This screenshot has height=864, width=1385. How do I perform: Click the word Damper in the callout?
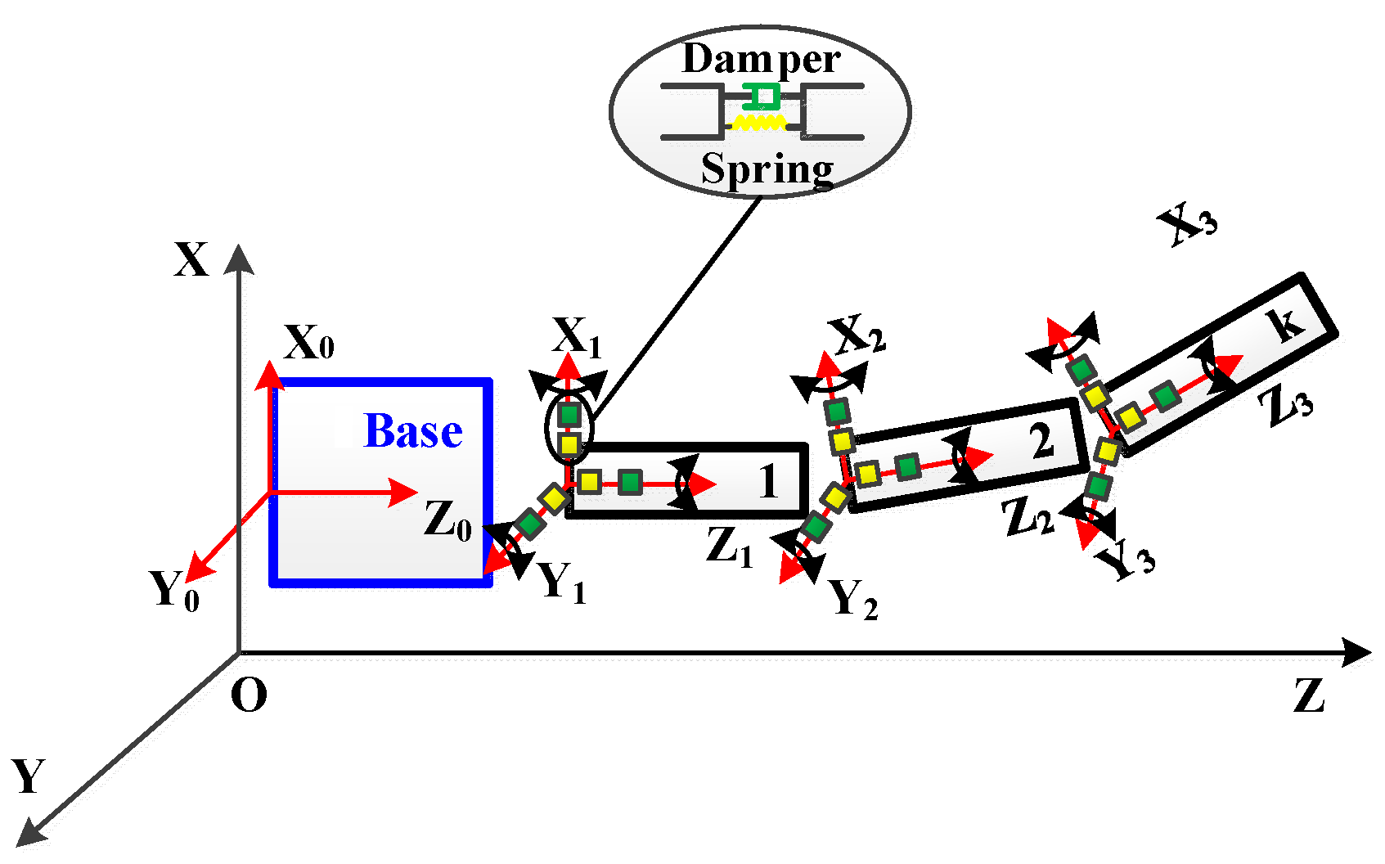point(761,59)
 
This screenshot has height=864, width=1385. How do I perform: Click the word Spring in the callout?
point(767,170)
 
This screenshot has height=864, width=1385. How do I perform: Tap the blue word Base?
point(412,431)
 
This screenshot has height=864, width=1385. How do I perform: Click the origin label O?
point(249,696)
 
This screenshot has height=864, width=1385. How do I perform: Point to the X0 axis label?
point(308,344)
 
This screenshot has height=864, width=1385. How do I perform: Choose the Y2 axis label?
point(853,599)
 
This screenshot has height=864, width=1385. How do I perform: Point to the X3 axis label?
point(1188,224)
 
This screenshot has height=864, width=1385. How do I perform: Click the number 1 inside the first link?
point(767,481)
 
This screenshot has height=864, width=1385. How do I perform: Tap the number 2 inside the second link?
point(1041,442)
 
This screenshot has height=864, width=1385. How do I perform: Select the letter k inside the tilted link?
point(1288,324)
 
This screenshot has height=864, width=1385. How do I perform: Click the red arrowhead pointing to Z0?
point(404,493)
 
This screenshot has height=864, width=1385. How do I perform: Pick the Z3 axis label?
point(1286,406)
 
